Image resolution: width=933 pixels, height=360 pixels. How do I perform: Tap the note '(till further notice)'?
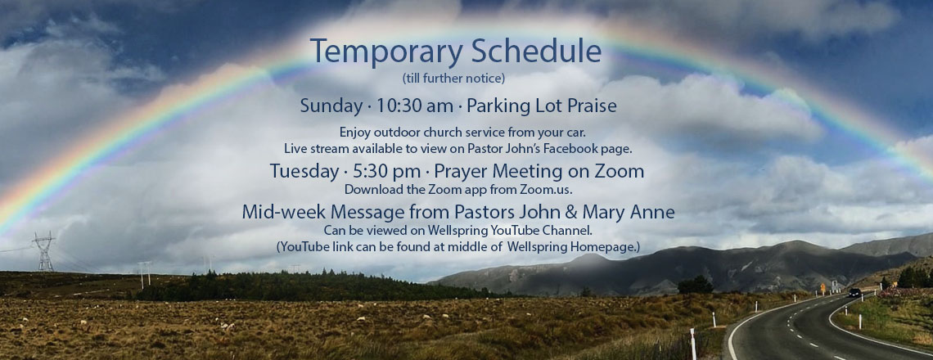[x=453, y=78]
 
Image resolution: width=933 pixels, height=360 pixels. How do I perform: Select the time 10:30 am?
[x=415, y=106]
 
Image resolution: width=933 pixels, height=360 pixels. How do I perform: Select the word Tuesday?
[x=304, y=172]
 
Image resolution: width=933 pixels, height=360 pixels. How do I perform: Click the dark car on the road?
[x=854, y=293]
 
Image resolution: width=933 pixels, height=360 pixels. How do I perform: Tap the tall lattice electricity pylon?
[x=44, y=251]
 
